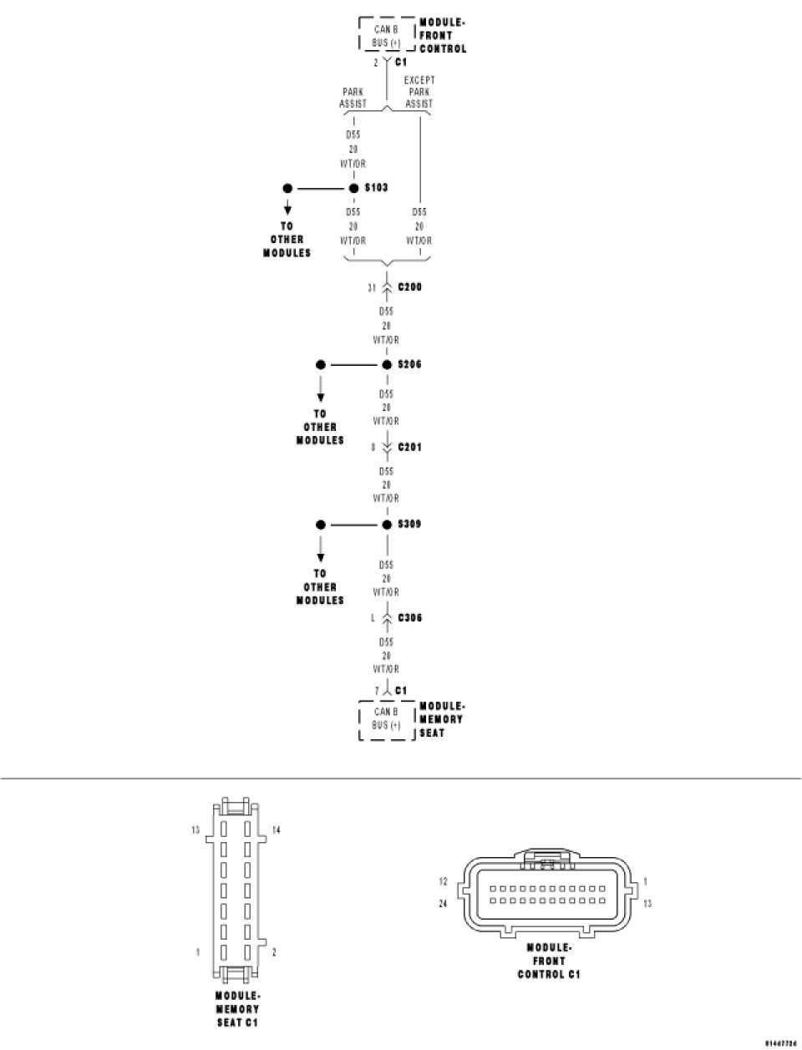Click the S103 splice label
tap(376, 188)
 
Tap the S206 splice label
tap(409, 365)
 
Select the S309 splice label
tap(409, 525)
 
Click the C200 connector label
tap(409, 287)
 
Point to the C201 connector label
tap(409, 448)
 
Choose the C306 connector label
tap(409, 618)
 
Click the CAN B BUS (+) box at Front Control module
tap(386, 36)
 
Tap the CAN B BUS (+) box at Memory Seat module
tap(386, 718)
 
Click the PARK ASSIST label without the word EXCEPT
tap(353, 98)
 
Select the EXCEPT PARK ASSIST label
tap(419, 92)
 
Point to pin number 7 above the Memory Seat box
tap(377, 691)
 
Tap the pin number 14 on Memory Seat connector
tap(277, 830)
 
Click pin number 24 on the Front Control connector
tap(444, 903)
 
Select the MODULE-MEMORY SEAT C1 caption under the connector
tap(238, 1009)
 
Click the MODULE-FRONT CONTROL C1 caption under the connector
tap(549, 961)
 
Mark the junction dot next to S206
tap(387, 365)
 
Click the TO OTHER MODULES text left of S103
tap(287, 239)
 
